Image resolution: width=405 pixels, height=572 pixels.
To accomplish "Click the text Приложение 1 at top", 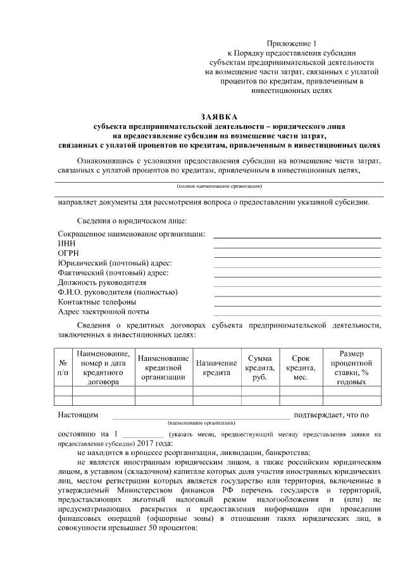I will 290,43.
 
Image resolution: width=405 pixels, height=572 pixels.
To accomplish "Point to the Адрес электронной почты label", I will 103,312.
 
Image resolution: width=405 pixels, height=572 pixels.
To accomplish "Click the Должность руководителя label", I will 102,283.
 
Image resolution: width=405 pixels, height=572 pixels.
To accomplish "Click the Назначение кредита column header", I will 216,368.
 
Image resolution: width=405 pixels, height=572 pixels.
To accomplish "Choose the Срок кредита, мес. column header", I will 301,368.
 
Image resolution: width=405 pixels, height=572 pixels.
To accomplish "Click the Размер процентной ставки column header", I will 351,368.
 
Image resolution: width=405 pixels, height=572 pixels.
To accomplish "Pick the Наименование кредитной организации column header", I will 163,368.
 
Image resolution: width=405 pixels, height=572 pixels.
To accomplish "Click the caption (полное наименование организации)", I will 219,186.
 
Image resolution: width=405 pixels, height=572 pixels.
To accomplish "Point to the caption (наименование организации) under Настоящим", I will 201,422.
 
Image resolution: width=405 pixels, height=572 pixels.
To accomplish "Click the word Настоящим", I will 78,415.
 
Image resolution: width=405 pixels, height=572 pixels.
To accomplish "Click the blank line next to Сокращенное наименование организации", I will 297,236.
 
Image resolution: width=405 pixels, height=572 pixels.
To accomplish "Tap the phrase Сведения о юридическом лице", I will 132,220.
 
